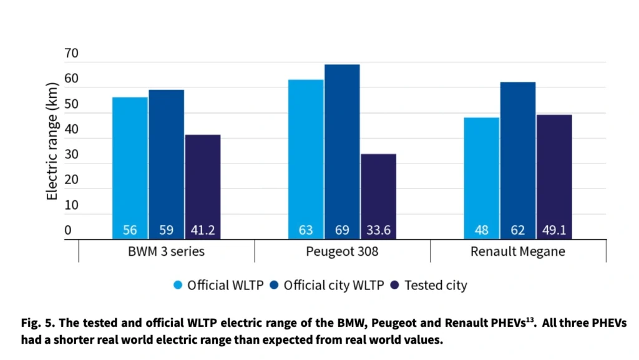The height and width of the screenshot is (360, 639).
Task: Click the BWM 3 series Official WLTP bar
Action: pos(130,168)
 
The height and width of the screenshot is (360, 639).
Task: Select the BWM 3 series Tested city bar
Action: pos(203,187)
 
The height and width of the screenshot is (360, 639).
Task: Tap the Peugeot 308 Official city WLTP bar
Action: pos(343,152)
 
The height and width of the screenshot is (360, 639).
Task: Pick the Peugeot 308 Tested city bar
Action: pos(379,197)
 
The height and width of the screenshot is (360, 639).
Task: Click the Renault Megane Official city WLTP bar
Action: pos(518,161)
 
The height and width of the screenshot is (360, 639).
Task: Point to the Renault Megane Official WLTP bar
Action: pos(482,178)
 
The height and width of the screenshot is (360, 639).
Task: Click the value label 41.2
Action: pos(203,230)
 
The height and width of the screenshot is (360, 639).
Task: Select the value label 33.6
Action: pos(379,230)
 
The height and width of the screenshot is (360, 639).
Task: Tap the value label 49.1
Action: pos(554,230)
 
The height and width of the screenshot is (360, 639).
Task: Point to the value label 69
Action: pos(343,230)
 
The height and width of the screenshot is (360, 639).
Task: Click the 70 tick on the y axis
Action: pos(71,54)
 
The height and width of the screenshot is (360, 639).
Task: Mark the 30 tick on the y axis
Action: pos(71,154)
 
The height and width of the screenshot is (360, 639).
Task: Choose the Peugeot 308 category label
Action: pos(343,251)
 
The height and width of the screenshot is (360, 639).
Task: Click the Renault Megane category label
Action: pos(518,251)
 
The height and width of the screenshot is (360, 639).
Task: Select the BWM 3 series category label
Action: pos(166,251)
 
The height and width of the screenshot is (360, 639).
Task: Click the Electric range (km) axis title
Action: pos(52,141)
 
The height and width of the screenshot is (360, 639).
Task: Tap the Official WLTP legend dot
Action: pos(178,285)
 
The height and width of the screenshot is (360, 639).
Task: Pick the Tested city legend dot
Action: pos(394,285)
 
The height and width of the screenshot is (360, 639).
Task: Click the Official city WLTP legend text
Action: pos(334,286)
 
